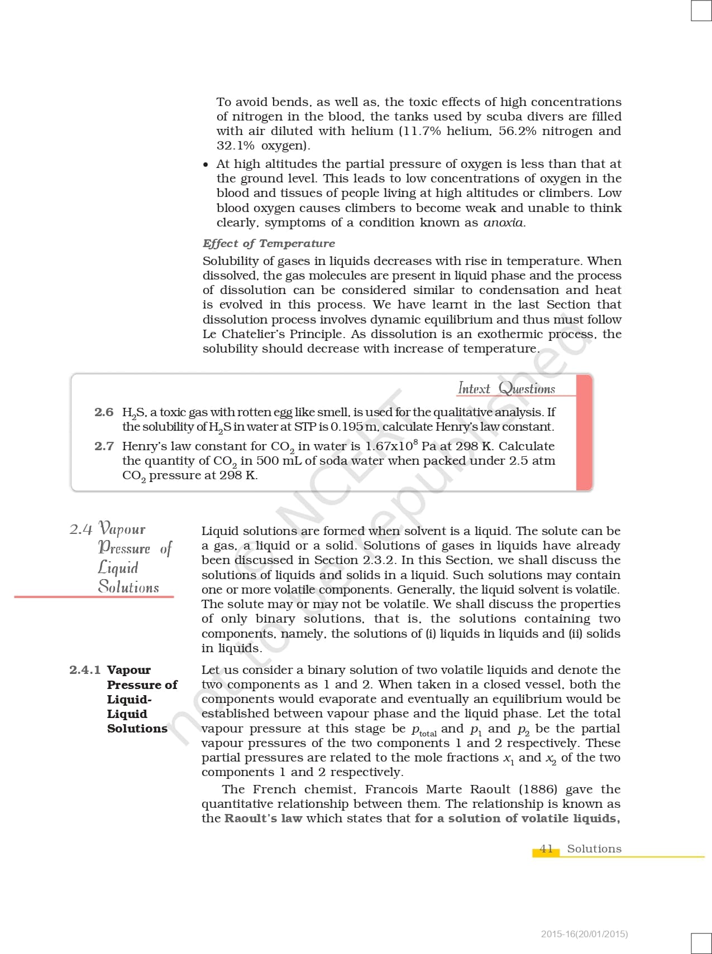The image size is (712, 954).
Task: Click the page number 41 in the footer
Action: (x=546, y=849)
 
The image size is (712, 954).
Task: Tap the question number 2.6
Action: (x=104, y=412)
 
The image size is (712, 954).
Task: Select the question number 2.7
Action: (x=104, y=446)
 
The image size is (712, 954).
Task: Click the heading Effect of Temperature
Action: (x=269, y=243)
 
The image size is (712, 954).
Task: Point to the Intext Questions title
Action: (x=506, y=388)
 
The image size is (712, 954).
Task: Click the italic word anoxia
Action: (x=504, y=223)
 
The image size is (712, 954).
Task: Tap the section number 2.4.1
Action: (x=85, y=669)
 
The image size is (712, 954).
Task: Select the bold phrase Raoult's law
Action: (x=263, y=818)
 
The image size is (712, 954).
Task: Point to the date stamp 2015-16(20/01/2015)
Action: (x=584, y=934)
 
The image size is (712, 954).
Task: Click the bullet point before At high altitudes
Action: (x=206, y=165)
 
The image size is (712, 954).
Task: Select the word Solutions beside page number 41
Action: (x=594, y=849)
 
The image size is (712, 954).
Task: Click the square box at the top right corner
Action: (x=701, y=10)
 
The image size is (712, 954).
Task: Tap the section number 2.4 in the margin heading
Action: (x=81, y=529)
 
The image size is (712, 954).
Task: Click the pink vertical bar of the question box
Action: (x=584, y=432)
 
